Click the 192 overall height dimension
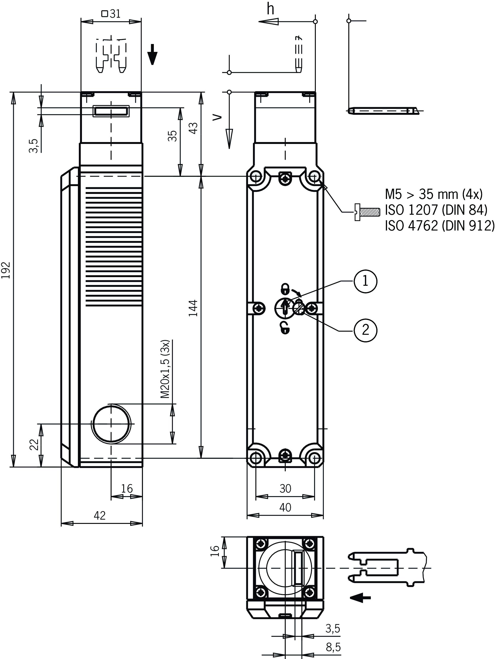coord(6,270)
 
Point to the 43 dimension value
coord(194,128)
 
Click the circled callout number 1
coord(365,281)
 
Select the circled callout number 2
coord(365,330)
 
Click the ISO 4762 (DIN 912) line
coord(439,225)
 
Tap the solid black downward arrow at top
coord(152,54)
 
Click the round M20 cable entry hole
coord(112,424)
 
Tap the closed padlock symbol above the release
coord(285,288)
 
